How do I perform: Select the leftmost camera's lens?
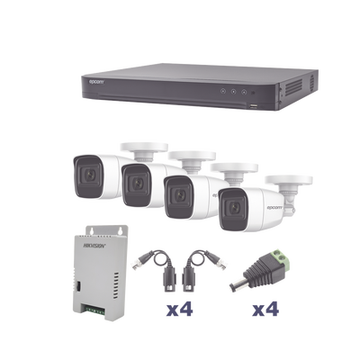88,170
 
